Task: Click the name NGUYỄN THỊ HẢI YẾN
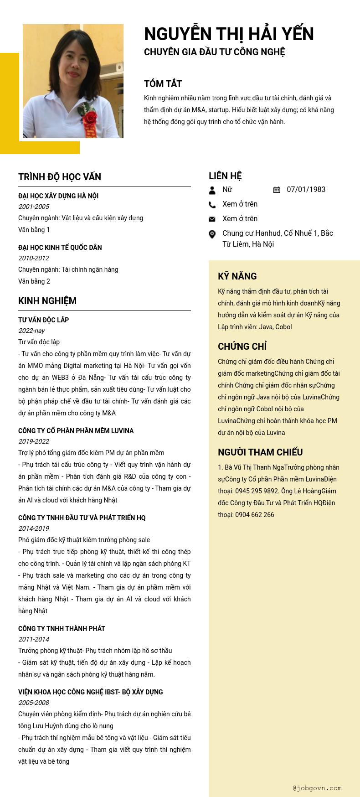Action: pyautogui.click(x=229, y=34)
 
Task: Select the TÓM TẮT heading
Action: pyautogui.click(x=163, y=84)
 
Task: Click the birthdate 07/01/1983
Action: pyautogui.click(x=306, y=189)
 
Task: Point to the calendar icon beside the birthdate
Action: pyautogui.click(x=277, y=190)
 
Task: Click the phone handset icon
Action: pyautogui.click(x=212, y=205)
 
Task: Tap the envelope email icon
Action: pyautogui.click(x=212, y=219)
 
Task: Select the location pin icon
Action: pyautogui.click(x=212, y=234)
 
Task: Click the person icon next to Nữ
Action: pyautogui.click(x=212, y=190)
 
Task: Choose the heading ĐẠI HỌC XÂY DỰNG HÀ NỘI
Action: pyautogui.click(x=58, y=196)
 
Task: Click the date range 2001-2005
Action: pyautogui.click(x=34, y=207)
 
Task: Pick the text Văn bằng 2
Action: pyautogui.click(x=34, y=281)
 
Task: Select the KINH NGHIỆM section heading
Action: pyautogui.click(x=47, y=301)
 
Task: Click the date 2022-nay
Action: pyautogui.click(x=31, y=331)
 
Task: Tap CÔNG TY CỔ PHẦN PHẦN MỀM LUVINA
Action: pyautogui.click(x=76, y=431)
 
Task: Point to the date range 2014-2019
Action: pyautogui.click(x=34, y=528)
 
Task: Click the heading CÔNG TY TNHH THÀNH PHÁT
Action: pyautogui.click(x=62, y=629)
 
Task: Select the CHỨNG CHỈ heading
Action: pyautogui.click(x=242, y=347)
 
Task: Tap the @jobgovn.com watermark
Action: pyautogui.click(x=317, y=788)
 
